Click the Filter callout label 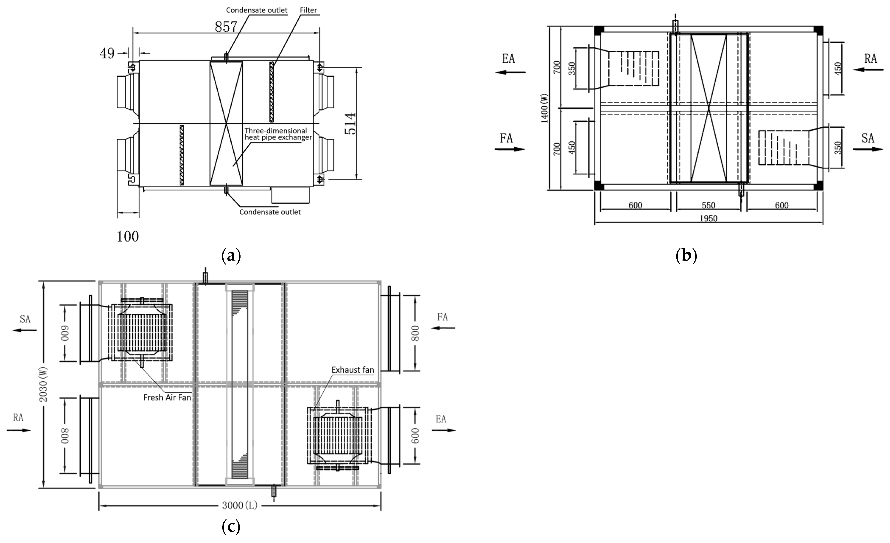(308, 10)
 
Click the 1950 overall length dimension (708, 218)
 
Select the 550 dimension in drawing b (708, 205)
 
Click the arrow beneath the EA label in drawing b (510, 72)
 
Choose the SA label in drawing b (868, 138)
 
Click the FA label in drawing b (506, 138)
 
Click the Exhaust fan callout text (353, 370)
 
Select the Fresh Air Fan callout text (167, 397)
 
